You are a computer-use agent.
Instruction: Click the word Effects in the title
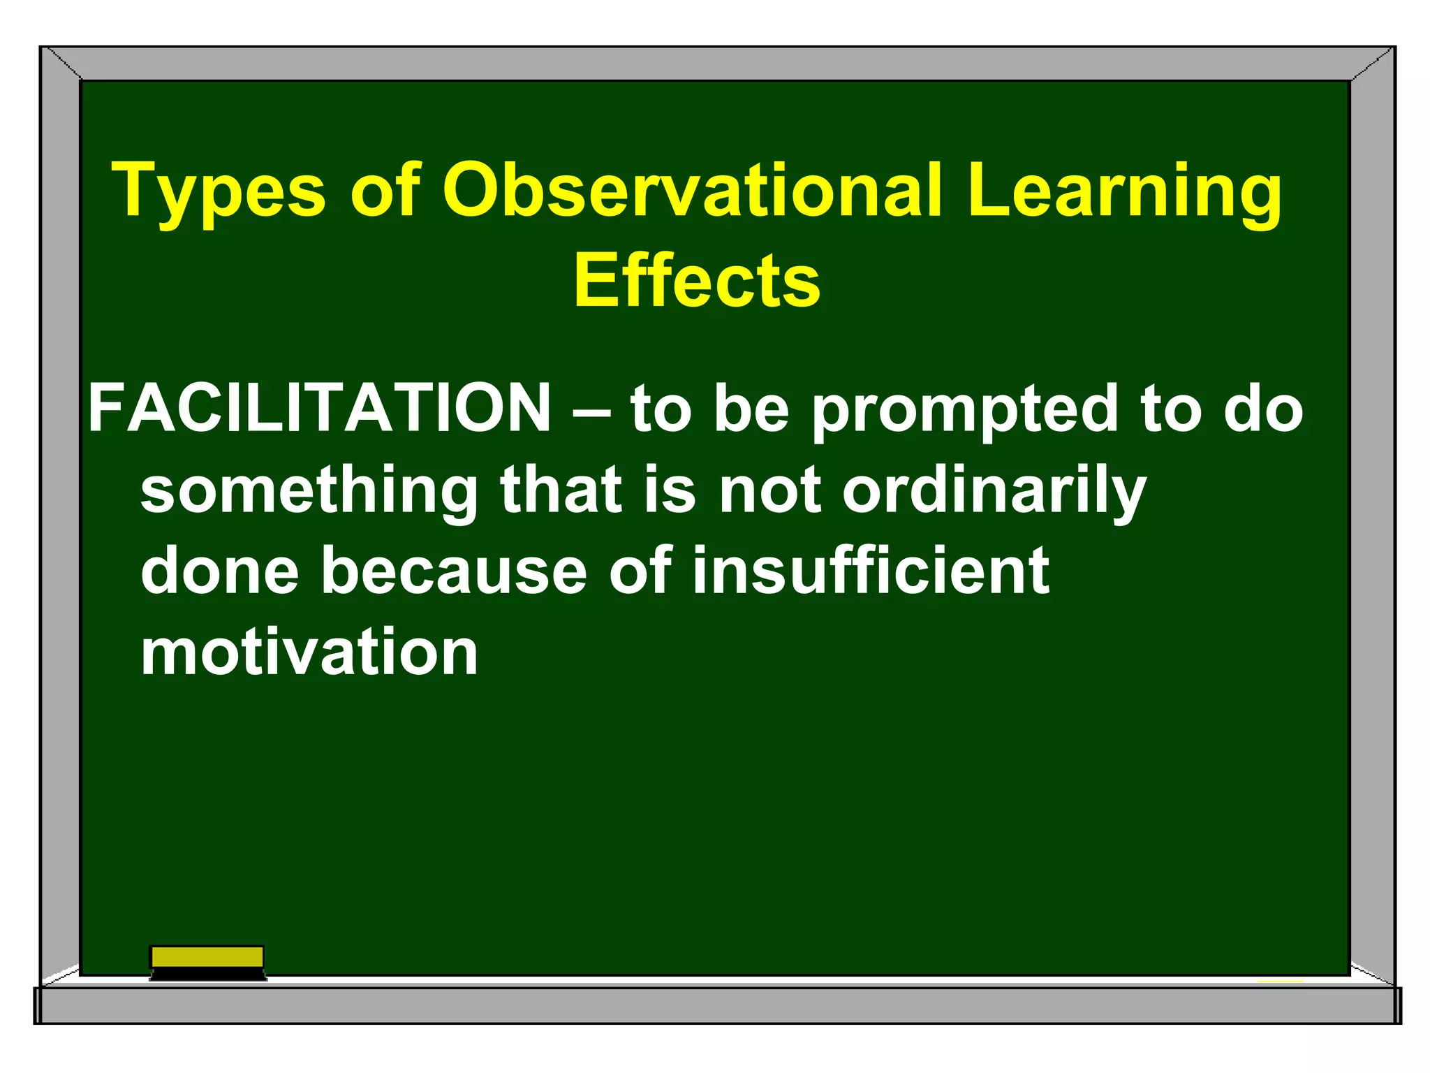pyautogui.click(x=696, y=281)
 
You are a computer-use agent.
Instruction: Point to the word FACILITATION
pyautogui.click(x=320, y=409)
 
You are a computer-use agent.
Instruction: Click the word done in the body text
pyautogui.click(x=220, y=571)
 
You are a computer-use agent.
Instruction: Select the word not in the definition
pyautogui.click(x=770, y=491)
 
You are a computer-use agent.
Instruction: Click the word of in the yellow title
pyautogui.click(x=385, y=191)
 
